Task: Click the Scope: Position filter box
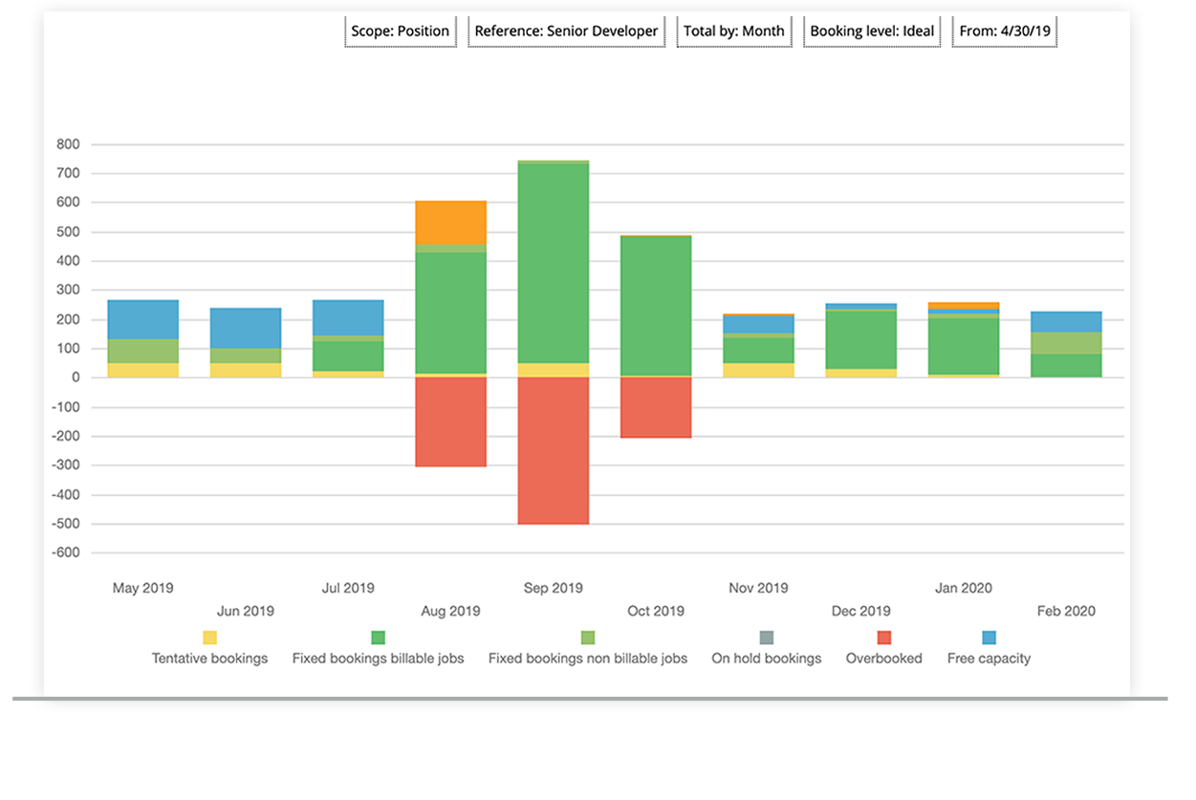click(x=400, y=31)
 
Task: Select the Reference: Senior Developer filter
click(x=566, y=31)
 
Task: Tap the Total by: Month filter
click(x=733, y=31)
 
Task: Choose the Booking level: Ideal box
click(x=872, y=31)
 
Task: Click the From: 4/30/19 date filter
click(x=1004, y=31)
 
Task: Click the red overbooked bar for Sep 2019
click(x=553, y=450)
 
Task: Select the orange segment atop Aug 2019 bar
click(x=450, y=222)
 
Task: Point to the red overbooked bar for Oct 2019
click(x=655, y=407)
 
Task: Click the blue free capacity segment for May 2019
click(x=142, y=319)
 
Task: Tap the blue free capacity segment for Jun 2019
click(x=246, y=328)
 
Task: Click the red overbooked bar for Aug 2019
click(x=450, y=422)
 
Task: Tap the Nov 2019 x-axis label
click(x=758, y=588)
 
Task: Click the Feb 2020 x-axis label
click(x=1066, y=611)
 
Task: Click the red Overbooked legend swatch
click(x=883, y=638)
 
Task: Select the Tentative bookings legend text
click(x=209, y=659)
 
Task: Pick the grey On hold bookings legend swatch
click(x=766, y=638)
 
